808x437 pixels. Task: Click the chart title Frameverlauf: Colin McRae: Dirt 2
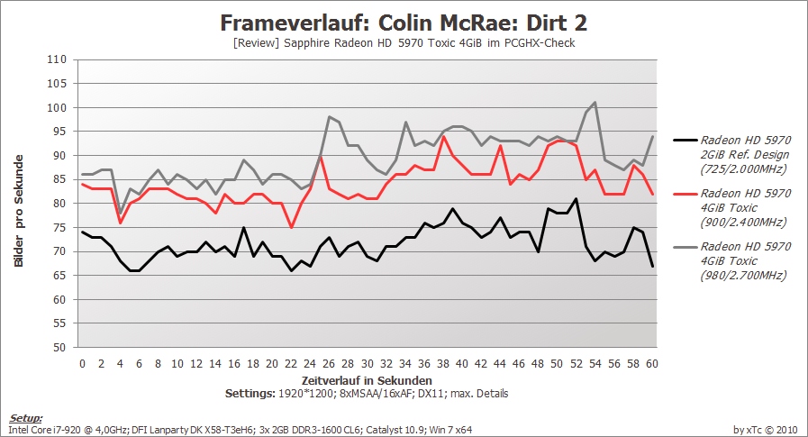(x=404, y=23)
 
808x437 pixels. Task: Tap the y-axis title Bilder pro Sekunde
(x=19, y=211)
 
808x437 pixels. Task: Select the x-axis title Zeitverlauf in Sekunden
(x=367, y=381)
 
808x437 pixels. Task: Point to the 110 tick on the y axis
(x=57, y=59)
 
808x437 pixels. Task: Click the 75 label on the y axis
(x=59, y=227)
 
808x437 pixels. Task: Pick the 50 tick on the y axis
(x=59, y=347)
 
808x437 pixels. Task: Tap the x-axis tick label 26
(x=329, y=364)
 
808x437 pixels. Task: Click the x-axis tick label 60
(x=652, y=364)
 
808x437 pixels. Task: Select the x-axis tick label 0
(x=83, y=364)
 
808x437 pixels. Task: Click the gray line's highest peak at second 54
(x=595, y=103)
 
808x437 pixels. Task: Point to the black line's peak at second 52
(x=576, y=198)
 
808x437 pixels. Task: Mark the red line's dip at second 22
(x=291, y=227)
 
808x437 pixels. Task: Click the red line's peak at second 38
(x=443, y=136)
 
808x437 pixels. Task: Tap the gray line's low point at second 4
(x=121, y=213)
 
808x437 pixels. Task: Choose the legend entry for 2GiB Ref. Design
(x=732, y=155)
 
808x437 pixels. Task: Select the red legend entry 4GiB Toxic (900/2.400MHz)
(x=732, y=207)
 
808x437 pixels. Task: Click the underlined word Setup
(x=26, y=418)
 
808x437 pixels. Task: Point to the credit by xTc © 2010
(x=766, y=429)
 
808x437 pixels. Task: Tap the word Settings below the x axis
(x=250, y=394)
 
